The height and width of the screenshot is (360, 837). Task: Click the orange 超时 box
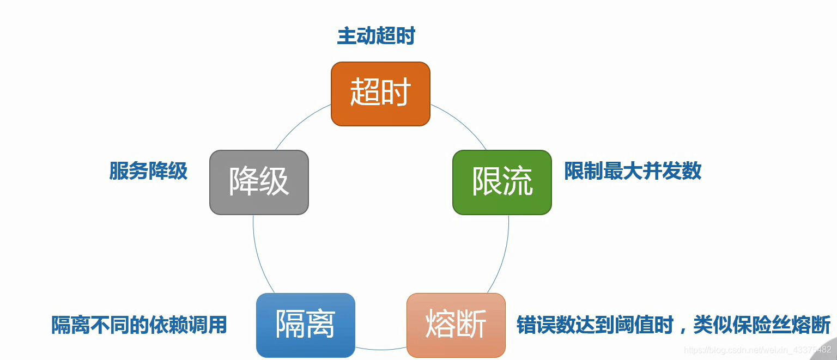point(380,94)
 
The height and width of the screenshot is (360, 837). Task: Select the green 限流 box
point(502,182)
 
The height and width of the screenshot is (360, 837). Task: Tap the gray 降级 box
point(259,182)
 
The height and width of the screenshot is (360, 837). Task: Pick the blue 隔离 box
point(305,325)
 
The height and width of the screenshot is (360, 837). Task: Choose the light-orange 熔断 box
point(456,325)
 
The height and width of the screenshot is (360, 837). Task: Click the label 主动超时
point(376,36)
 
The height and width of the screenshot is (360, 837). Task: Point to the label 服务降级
point(148,171)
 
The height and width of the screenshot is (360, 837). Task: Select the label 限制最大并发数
point(633,171)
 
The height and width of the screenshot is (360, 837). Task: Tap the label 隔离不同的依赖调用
point(139,325)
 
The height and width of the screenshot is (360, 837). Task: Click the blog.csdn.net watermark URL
point(757,349)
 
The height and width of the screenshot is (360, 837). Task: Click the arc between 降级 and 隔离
point(259,256)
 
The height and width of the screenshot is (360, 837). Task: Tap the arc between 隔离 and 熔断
point(381,349)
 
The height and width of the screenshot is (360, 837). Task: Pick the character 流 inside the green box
point(518,181)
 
